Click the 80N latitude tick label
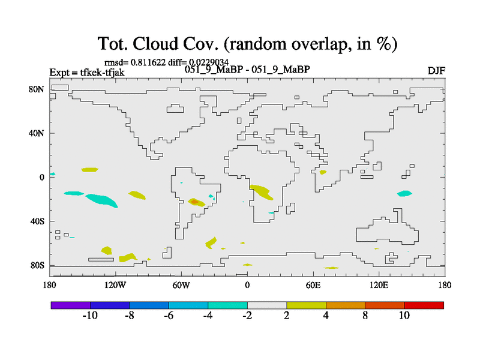pyautogui.click(x=37, y=89)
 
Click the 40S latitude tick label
pyautogui.click(x=37, y=221)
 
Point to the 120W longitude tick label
pyautogui.click(x=115, y=286)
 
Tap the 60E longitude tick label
pyautogui.click(x=313, y=286)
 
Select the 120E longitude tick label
pyautogui.click(x=379, y=286)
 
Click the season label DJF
pyautogui.click(x=436, y=71)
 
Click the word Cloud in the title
pyautogui.click(x=155, y=44)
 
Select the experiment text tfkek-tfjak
pyautogui.click(x=102, y=73)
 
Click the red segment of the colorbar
pyautogui.click(x=424, y=305)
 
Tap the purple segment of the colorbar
pyautogui.click(x=71, y=305)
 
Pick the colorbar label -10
pyautogui.click(x=90, y=316)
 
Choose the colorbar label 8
pyautogui.click(x=365, y=316)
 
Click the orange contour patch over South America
pyautogui.click(x=194, y=202)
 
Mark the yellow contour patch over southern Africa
pyautogui.click(x=261, y=192)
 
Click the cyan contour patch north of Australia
pyautogui.click(x=404, y=193)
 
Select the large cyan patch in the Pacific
pyautogui.click(x=101, y=200)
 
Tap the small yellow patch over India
pyautogui.click(x=323, y=172)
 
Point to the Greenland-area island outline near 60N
pyautogui.click(x=175, y=109)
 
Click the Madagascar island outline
pyautogui.click(x=290, y=208)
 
